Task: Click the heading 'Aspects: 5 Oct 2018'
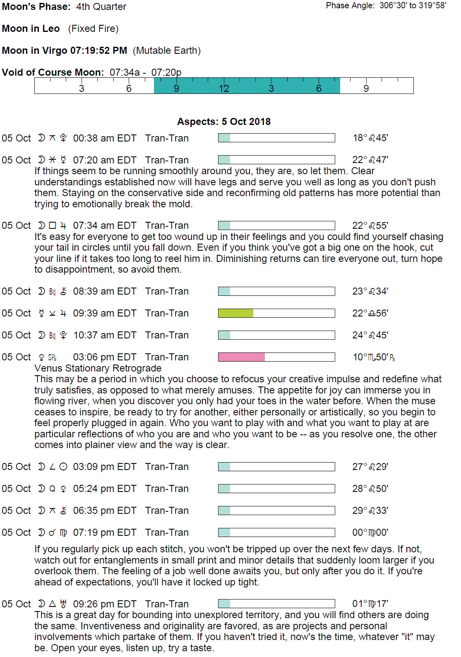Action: [x=224, y=122]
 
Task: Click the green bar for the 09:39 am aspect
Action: [x=235, y=313]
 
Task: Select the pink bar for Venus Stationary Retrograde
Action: [x=241, y=357]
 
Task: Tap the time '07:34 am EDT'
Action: [x=105, y=225]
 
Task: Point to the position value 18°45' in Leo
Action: [x=370, y=138]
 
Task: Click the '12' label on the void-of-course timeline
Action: [x=224, y=89]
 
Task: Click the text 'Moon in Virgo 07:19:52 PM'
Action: [x=65, y=50]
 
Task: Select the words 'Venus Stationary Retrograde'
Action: [x=98, y=368]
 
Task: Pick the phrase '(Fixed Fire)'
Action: [x=94, y=29]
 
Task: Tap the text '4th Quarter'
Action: [x=101, y=7]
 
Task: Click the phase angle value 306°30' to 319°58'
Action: [x=413, y=5]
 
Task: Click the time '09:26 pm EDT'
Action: [x=105, y=604]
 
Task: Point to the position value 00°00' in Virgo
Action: [x=370, y=532]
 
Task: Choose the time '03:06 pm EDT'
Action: [x=105, y=357]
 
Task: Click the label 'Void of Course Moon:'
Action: [x=53, y=72]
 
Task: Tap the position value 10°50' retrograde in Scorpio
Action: [x=374, y=357]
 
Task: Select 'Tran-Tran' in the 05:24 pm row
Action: [x=167, y=489]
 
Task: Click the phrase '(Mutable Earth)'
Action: [x=167, y=50]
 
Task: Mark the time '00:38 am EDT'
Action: [x=105, y=138]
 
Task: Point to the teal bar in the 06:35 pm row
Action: [x=224, y=511]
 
